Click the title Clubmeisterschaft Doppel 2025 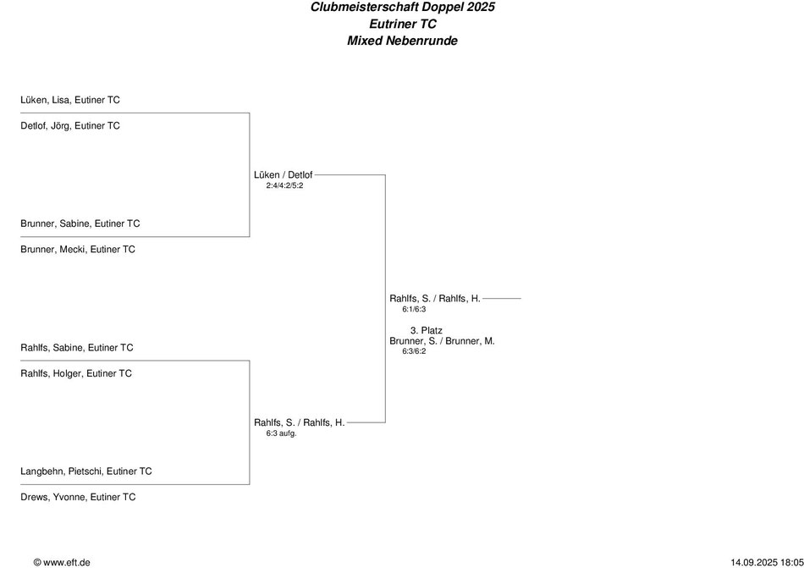click(402, 7)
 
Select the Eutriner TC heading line click(402, 24)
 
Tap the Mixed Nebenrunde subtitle click(402, 41)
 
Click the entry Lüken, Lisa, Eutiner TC click(70, 100)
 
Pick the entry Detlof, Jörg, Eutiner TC click(70, 126)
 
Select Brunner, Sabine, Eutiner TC click(80, 224)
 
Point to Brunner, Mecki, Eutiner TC click(78, 250)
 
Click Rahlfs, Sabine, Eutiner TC click(77, 348)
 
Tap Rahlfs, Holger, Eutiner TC click(76, 373)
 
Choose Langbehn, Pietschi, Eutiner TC click(86, 471)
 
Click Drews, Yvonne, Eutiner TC click(78, 498)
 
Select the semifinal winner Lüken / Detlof click(283, 175)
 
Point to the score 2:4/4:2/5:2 click(284, 185)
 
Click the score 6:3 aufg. click(281, 433)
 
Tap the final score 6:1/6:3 click(414, 309)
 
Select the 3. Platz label click(427, 330)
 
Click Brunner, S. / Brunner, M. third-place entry click(442, 341)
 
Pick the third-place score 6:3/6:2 click(414, 351)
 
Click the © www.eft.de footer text click(62, 562)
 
